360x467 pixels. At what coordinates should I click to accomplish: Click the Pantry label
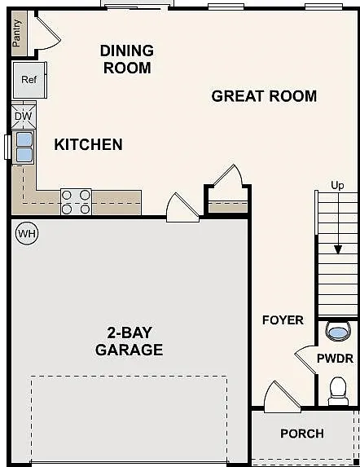click(x=17, y=33)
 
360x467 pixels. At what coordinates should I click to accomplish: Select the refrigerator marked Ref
click(x=29, y=80)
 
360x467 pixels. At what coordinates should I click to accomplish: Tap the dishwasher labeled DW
click(x=23, y=116)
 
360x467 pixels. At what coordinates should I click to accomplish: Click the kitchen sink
click(x=24, y=148)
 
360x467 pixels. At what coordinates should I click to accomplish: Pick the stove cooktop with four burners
click(x=76, y=202)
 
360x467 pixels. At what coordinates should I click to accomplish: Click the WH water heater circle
click(x=27, y=233)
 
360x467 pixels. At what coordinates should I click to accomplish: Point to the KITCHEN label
click(x=88, y=145)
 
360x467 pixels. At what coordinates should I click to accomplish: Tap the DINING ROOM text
click(x=127, y=59)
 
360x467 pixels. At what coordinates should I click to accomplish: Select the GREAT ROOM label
click(x=264, y=96)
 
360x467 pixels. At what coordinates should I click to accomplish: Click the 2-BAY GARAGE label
click(x=130, y=341)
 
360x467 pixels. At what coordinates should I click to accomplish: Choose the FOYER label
click(x=283, y=320)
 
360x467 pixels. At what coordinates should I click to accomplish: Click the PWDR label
click(x=335, y=359)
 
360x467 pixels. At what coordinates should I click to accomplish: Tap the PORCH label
click(x=302, y=434)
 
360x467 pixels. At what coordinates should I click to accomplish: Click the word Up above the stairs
click(x=337, y=186)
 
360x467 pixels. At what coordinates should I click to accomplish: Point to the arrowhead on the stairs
click(x=338, y=249)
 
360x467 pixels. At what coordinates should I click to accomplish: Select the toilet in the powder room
click(x=338, y=391)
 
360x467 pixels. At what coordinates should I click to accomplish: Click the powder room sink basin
click(x=338, y=332)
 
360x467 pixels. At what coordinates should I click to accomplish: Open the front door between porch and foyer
click(x=282, y=397)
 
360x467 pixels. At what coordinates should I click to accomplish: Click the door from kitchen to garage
click(x=182, y=208)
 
